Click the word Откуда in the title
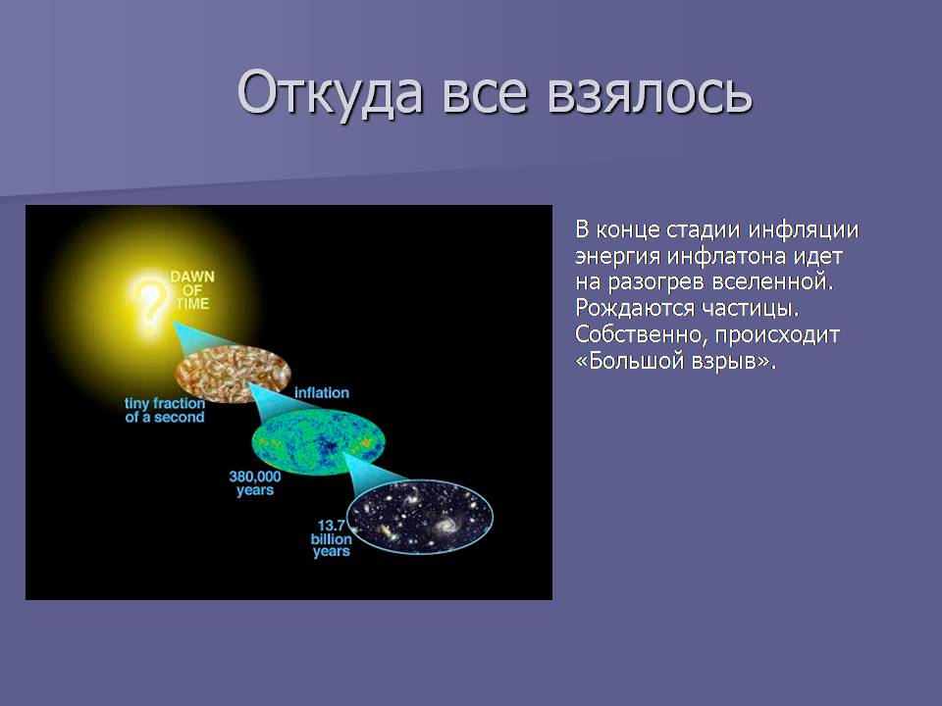[x=330, y=93]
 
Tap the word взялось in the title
[x=650, y=93]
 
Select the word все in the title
[x=485, y=96]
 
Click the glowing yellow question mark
[x=149, y=304]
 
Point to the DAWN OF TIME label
[x=192, y=290]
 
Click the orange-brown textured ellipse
[x=234, y=374]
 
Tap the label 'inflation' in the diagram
[x=322, y=392]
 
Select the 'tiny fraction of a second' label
[x=165, y=410]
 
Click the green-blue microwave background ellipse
[x=318, y=443]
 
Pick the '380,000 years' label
[x=255, y=483]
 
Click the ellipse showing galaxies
[x=421, y=516]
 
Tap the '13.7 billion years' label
[x=331, y=538]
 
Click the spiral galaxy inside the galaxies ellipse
[x=444, y=527]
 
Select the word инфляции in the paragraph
[x=804, y=229]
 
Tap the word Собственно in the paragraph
[x=641, y=334]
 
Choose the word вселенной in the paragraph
[x=772, y=282]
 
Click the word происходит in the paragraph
[x=777, y=335]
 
